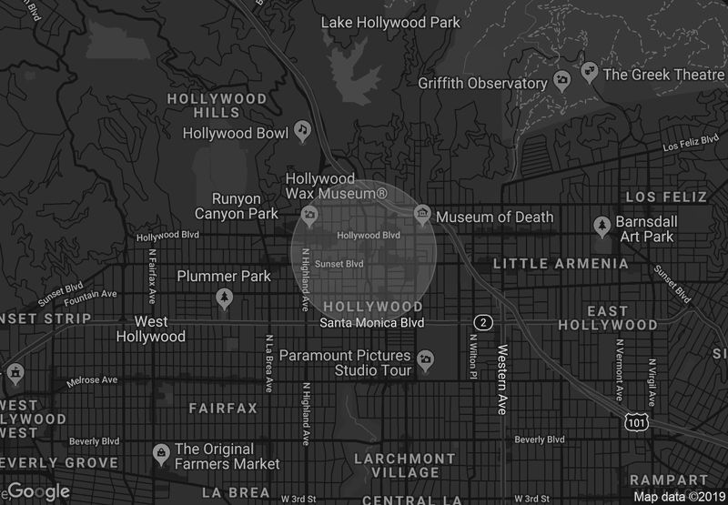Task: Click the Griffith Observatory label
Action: coord(482,83)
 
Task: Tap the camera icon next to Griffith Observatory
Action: coord(562,82)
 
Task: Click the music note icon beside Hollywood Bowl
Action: coord(303,133)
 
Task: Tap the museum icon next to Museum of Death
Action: coord(422,216)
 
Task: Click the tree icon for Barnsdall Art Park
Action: coord(602,224)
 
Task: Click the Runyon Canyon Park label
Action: coord(237,206)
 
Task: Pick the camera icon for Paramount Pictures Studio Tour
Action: coord(424,361)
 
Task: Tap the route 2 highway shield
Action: coord(483,323)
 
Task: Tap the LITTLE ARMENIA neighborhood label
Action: coord(560,264)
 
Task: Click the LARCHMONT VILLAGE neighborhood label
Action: coord(404,466)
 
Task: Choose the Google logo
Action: coord(37,491)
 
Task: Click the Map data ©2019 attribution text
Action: coord(678,496)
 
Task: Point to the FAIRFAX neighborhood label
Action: coord(223,409)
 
